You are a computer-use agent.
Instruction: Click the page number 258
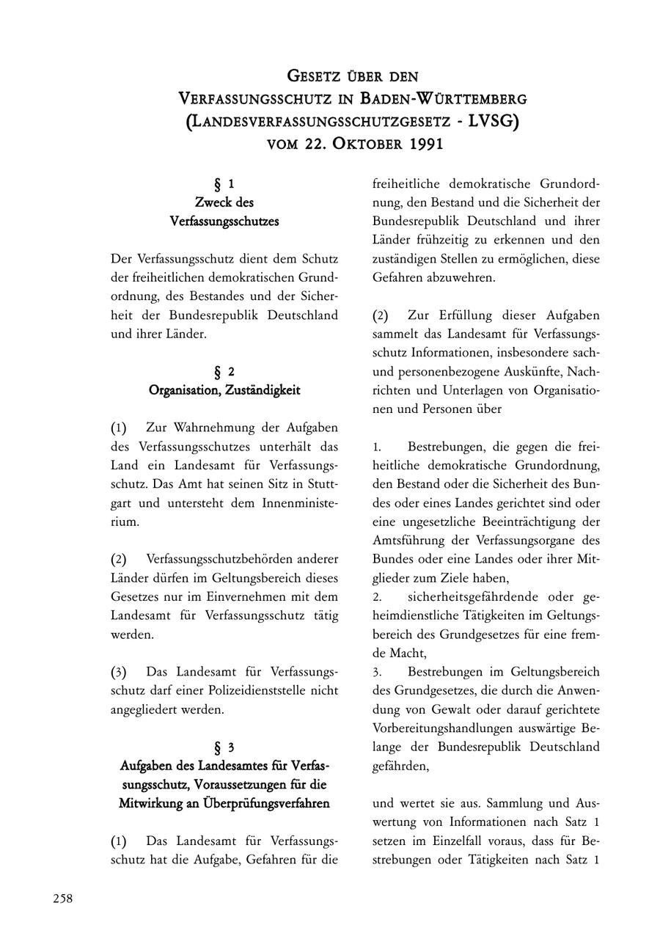point(62,899)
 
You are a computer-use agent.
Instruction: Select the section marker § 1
point(224,183)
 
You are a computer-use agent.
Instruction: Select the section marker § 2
point(224,372)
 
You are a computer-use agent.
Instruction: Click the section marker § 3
point(224,747)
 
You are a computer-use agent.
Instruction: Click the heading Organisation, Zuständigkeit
point(224,390)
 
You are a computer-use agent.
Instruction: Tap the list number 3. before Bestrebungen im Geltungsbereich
point(377,672)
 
